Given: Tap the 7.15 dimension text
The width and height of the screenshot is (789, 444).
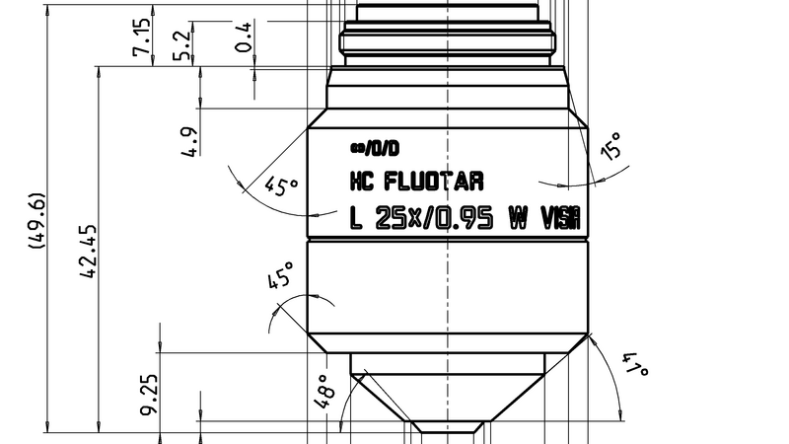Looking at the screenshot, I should coord(140,37).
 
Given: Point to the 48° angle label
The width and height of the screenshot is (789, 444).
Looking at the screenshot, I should coord(323,392).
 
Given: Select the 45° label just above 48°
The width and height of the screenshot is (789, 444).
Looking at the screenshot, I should coord(281,277).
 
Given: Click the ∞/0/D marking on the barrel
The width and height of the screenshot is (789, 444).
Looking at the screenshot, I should coord(375,149).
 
